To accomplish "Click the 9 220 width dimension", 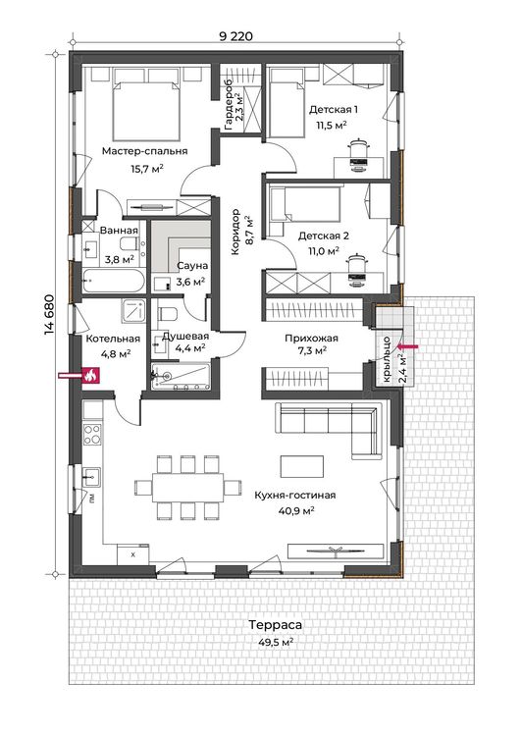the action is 235,36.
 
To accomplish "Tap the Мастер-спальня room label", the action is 144,151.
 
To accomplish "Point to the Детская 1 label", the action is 334,109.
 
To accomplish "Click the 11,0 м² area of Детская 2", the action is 324,251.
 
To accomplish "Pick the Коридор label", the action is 235,232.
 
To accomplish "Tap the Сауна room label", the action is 192,266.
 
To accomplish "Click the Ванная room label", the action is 120,231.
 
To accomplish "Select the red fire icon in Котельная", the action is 90,376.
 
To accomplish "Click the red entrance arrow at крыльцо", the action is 407,346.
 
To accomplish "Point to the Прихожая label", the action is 312,338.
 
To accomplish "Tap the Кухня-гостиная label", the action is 295,496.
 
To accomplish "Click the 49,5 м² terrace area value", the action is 276,642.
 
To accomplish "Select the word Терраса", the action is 276,625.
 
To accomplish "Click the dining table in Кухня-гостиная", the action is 187,487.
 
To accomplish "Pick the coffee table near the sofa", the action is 302,466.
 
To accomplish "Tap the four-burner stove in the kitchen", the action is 92,434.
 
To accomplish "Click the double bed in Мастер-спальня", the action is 146,110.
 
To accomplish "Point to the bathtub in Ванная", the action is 114,281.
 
